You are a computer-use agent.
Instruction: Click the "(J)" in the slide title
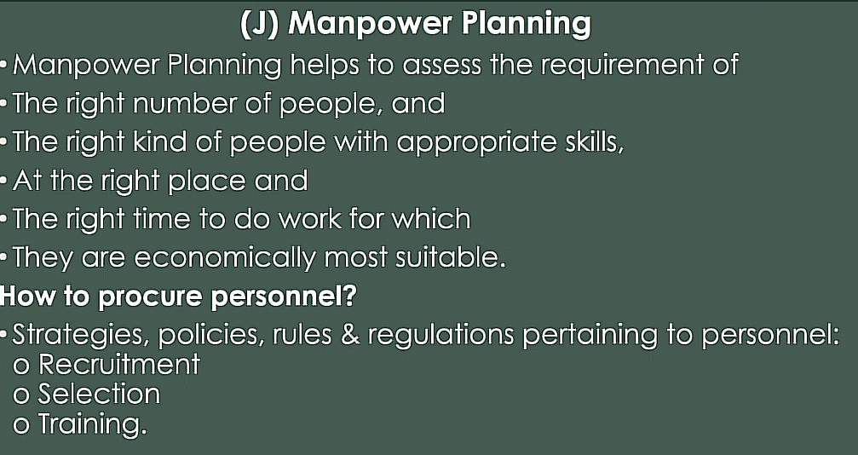(260, 25)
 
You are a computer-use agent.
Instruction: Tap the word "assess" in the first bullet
(442, 66)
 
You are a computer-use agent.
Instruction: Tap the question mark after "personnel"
(350, 296)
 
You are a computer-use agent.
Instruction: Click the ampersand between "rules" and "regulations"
(350, 335)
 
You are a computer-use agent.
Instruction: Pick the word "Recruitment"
(118, 364)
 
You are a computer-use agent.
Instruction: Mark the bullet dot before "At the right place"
(4, 181)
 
